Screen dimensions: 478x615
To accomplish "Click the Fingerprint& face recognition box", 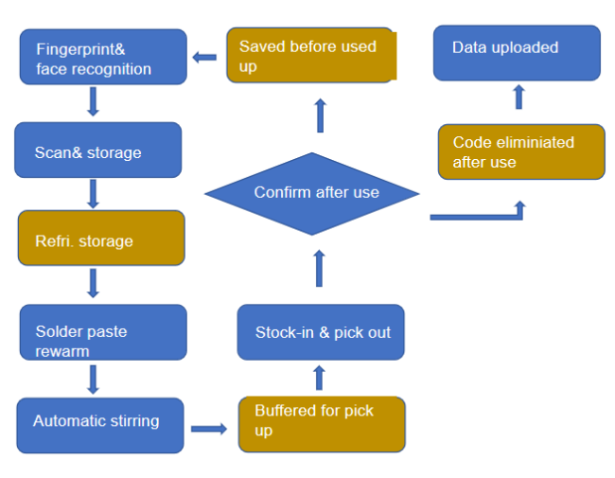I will pos(103,57).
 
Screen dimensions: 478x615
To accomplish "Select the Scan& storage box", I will pos(97,150).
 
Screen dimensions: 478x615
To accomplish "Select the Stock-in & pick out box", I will pos(321,332).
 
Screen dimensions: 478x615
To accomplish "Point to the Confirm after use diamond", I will pos(312,193).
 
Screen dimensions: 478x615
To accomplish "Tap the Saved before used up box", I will pos(310,55).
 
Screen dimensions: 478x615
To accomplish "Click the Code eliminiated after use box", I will pos(520,151).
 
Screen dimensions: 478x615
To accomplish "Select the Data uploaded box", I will pos(517,52).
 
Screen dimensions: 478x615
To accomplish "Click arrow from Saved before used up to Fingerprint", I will pos(204,57).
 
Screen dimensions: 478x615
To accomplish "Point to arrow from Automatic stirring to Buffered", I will pos(209,429).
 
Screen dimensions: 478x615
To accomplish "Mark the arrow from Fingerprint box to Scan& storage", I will pos(93,102).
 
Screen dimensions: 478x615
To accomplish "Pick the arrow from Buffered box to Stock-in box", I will pos(319,378).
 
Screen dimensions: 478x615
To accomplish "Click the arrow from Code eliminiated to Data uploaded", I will pos(518,97).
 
